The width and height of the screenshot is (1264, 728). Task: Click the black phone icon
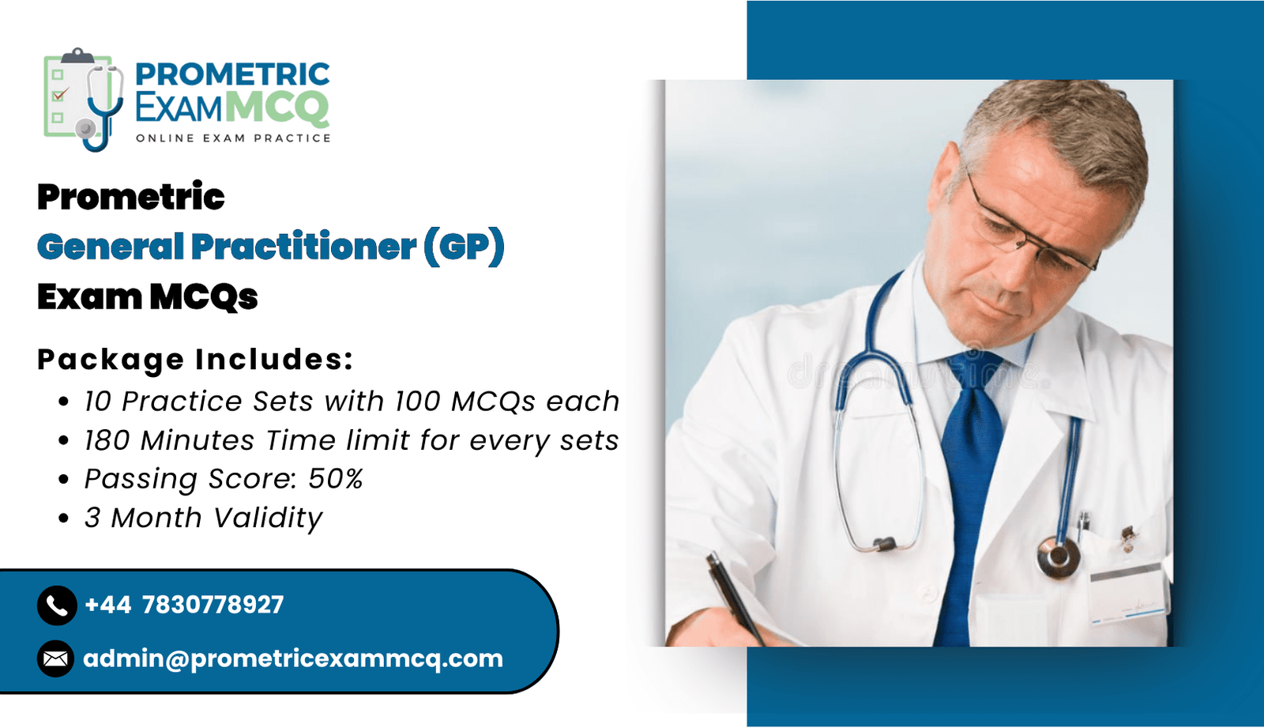tap(57, 605)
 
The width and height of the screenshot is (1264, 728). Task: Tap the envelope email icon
tap(56, 658)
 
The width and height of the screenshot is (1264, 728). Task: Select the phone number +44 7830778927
tap(184, 605)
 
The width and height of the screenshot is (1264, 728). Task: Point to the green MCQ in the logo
tap(280, 107)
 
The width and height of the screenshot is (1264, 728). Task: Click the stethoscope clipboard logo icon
tap(84, 100)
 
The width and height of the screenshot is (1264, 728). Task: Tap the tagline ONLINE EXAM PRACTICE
tap(233, 138)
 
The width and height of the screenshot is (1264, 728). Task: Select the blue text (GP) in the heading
tap(464, 247)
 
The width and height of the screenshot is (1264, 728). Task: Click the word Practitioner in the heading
tap(304, 247)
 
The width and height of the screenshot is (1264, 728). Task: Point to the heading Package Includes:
tap(195, 360)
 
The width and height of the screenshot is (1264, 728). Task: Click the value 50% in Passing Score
tap(335, 479)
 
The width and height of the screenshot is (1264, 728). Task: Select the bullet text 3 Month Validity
tap(203, 518)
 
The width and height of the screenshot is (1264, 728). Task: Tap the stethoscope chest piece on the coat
tap(1059, 557)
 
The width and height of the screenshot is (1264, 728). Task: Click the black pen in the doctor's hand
tap(735, 598)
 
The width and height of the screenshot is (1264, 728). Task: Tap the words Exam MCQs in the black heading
tap(147, 297)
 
